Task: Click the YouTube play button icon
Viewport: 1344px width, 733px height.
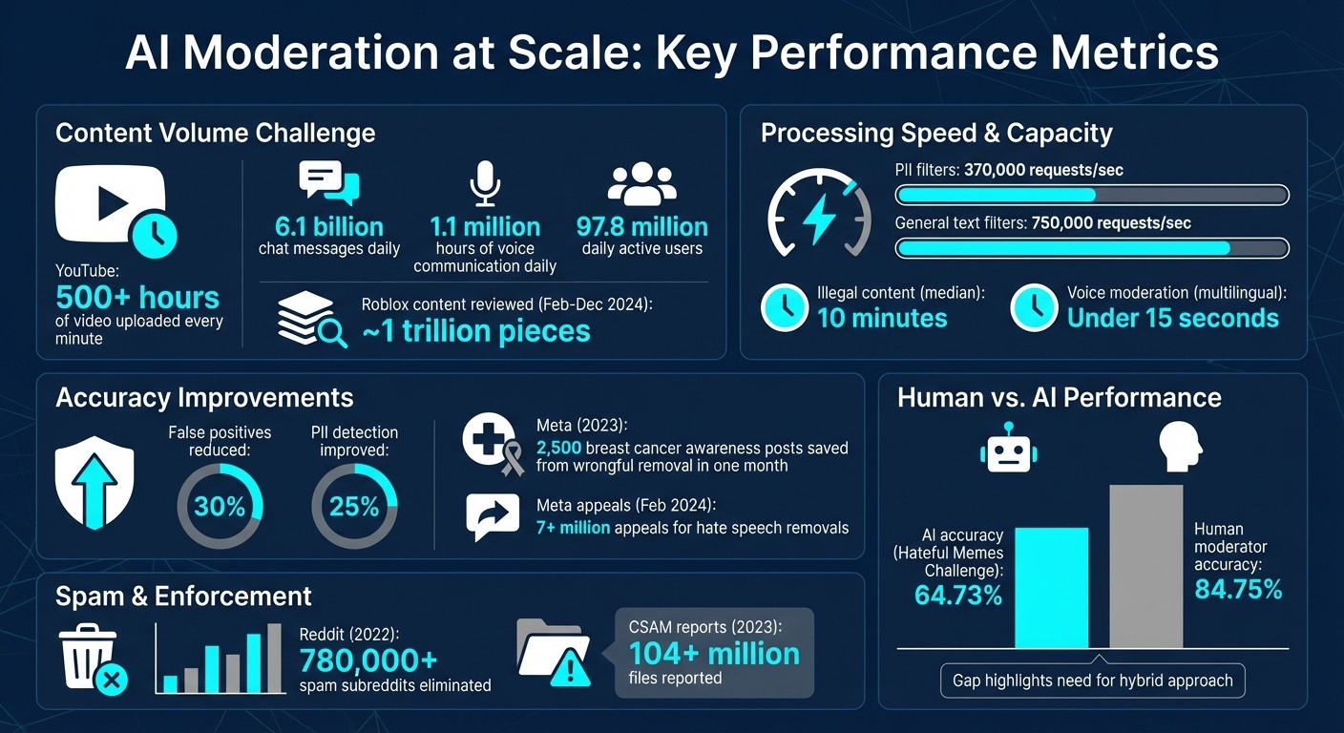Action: [x=111, y=202]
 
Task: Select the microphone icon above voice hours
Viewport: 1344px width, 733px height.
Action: [x=485, y=182]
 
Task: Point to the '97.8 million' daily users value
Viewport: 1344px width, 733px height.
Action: [x=641, y=227]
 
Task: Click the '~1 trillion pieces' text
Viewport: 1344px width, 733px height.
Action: [x=475, y=331]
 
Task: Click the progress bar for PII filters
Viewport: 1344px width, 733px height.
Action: [x=1091, y=196]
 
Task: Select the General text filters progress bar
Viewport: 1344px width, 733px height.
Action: [x=1091, y=248]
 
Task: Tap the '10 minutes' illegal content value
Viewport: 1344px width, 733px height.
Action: [x=881, y=318]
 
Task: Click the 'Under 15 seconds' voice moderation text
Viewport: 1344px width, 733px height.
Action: [x=1172, y=318]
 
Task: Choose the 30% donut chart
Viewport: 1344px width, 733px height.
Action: [x=220, y=506]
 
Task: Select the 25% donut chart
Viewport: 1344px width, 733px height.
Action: [x=354, y=506]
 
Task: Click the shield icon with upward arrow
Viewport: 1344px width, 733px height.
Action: [x=94, y=482]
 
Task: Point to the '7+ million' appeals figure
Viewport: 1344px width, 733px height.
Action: [x=573, y=527]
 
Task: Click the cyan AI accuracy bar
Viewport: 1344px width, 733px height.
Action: [x=1051, y=587]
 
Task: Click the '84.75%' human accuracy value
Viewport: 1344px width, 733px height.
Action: [x=1238, y=590]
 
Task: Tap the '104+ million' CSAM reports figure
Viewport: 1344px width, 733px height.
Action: [x=713, y=654]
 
